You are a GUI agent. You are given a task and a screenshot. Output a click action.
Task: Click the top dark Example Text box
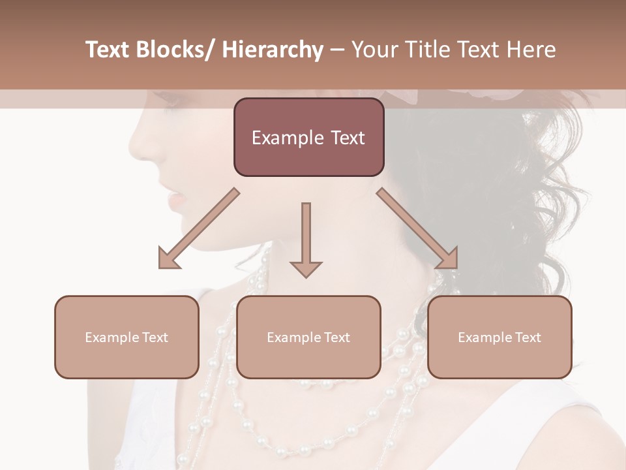pos(308,137)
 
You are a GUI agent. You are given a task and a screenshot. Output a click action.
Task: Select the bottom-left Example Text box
pos(127,337)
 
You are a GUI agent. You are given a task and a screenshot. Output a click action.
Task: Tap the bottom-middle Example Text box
pos(308,337)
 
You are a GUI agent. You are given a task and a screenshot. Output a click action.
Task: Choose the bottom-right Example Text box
pos(499,337)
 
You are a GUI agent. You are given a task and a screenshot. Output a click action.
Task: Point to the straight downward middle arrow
pos(306,235)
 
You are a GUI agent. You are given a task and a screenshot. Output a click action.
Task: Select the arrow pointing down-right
pos(417,228)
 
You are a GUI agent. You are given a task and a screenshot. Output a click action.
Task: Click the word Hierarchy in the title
pos(273,50)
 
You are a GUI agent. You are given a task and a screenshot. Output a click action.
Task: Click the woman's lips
pos(175,196)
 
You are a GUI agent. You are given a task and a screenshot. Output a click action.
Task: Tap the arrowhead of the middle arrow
pos(306,269)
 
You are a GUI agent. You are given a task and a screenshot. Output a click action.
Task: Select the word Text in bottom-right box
pos(528,337)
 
